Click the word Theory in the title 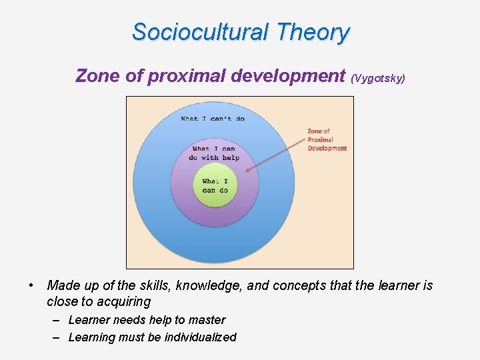[x=313, y=32]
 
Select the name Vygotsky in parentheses [x=378, y=78]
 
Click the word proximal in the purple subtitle [x=187, y=76]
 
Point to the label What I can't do [x=213, y=119]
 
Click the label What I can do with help [x=213, y=153]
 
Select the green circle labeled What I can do [x=215, y=186]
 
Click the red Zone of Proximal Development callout [x=327, y=140]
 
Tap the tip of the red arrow [x=247, y=171]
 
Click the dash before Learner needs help [x=57, y=320]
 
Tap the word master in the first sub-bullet [x=207, y=320]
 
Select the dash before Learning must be [x=57, y=337]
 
